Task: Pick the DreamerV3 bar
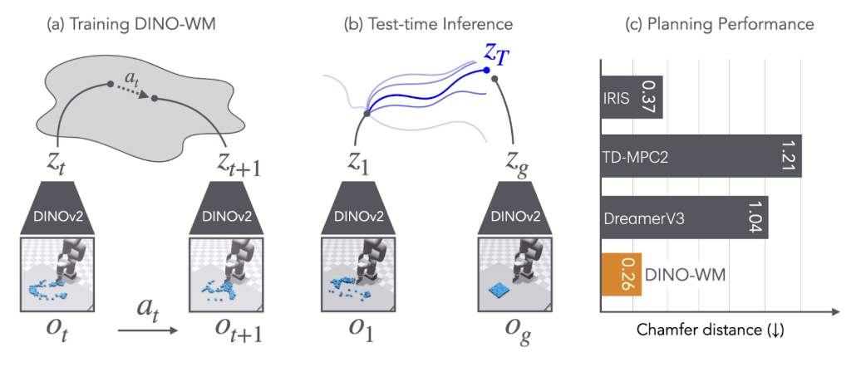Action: pos(683,218)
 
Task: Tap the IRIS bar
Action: pos(631,98)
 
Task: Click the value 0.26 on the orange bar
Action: pos(628,275)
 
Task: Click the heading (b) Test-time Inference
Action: pos(428,25)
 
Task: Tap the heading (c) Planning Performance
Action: pos(719,25)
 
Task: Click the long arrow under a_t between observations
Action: pos(148,331)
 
